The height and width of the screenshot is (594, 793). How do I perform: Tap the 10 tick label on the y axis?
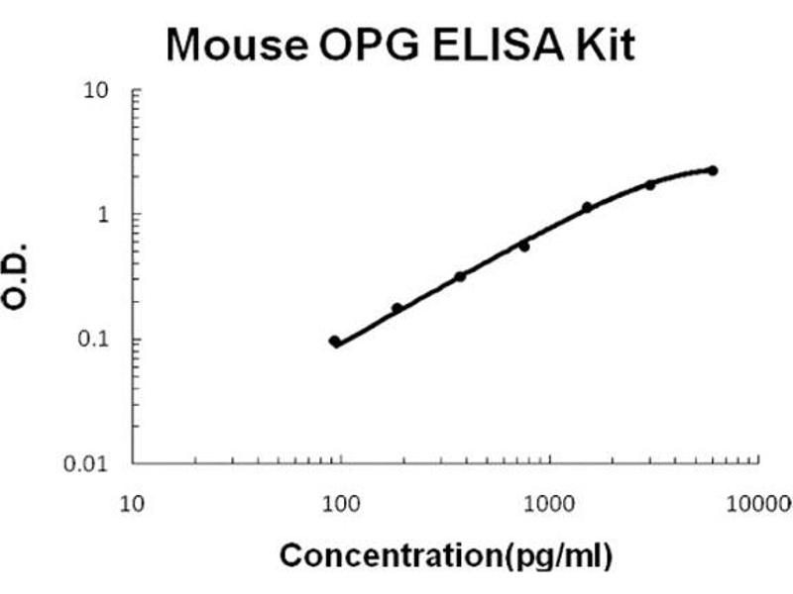(x=96, y=92)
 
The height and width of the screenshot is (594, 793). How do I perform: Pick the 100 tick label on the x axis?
(x=341, y=504)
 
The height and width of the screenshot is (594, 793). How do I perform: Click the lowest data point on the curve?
(x=335, y=342)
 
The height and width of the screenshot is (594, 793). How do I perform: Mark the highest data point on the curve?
(x=713, y=170)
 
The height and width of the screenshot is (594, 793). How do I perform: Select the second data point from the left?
(x=397, y=308)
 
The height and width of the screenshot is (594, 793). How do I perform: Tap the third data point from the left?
(x=460, y=276)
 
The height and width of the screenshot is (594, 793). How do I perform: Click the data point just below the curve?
(x=524, y=246)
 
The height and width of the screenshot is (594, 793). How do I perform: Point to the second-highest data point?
(x=650, y=184)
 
